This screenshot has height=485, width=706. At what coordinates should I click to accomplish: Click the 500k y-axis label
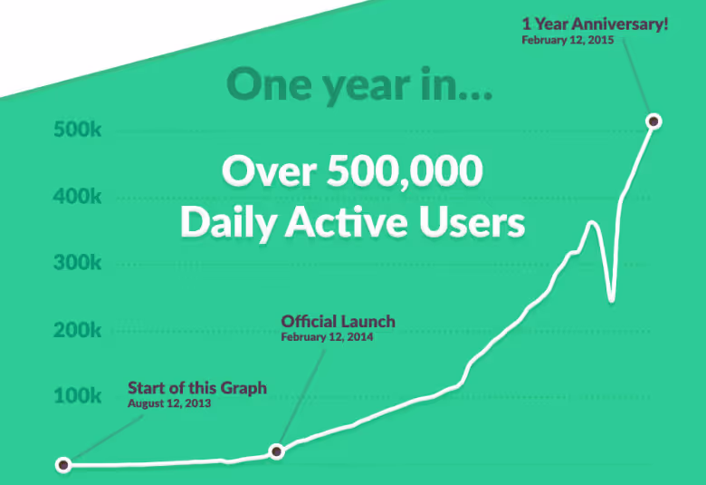point(78,130)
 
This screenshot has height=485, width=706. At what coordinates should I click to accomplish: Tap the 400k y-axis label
point(78,196)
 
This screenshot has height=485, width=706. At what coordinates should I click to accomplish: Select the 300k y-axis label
point(78,263)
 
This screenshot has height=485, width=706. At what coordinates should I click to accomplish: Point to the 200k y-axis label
point(78,330)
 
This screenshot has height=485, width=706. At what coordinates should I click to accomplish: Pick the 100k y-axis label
point(78,395)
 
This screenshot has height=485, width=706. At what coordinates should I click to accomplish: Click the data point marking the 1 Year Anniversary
point(654,121)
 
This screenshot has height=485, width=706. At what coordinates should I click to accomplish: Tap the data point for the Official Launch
point(276,451)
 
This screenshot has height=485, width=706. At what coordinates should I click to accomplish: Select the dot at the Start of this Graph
point(63,465)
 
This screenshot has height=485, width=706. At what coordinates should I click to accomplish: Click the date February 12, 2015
point(568,40)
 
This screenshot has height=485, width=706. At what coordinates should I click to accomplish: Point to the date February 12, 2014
point(327,337)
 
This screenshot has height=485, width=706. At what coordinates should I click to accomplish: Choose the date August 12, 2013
point(169,403)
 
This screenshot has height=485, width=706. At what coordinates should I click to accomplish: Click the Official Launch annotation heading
point(339,321)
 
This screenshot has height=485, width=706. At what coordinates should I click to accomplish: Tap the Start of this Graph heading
point(197,388)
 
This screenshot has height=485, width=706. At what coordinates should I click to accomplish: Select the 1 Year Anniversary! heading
point(595,24)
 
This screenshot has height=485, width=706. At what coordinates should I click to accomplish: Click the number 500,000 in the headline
point(405,171)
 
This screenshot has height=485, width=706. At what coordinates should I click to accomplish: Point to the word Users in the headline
point(472,222)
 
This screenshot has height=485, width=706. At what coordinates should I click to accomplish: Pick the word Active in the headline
point(347,222)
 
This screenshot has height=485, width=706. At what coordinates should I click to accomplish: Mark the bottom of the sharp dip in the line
point(611,299)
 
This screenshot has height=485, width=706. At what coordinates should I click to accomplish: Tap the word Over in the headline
point(269,171)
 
